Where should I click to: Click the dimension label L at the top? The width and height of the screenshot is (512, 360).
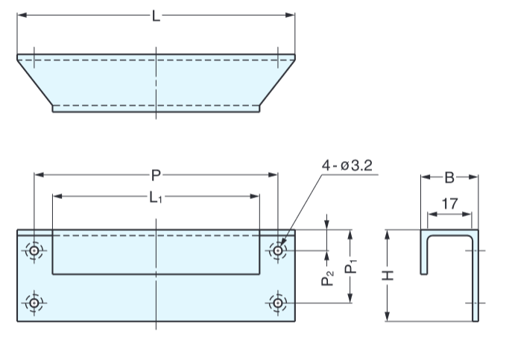tap(156, 16)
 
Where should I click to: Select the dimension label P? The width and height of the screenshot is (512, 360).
tap(156, 175)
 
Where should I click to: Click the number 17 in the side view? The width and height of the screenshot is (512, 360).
tap(449, 203)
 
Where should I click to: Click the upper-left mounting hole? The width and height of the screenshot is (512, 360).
tap(34, 250)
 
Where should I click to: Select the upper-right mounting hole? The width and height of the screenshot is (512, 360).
tap(277, 250)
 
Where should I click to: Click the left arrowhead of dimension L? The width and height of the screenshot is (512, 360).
tap(21, 15)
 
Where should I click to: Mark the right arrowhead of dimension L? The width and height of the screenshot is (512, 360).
tap(291, 15)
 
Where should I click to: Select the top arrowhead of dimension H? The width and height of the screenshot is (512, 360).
tap(388, 234)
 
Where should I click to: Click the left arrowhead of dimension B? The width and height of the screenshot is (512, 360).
tap(425, 177)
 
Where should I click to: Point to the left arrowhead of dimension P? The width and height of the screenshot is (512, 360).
tap(38, 175)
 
